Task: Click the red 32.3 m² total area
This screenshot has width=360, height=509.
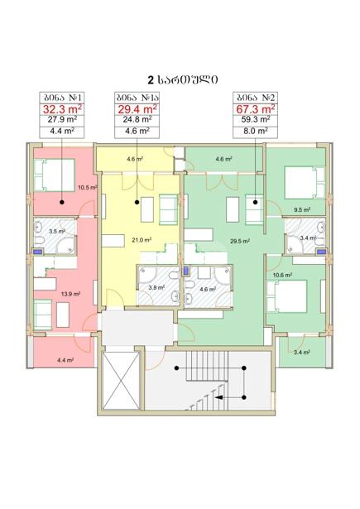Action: [x=62, y=108]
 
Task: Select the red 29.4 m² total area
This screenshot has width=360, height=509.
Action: [x=137, y=108]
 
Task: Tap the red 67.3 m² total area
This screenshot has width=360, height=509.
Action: [x=256, y=108]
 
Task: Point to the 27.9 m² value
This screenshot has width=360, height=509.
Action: [x=62, y=119]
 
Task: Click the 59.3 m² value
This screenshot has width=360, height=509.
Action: [x=256, y=119]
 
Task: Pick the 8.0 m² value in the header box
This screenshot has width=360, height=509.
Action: [x=256, y=131]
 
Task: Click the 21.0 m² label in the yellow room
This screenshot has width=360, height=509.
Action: [x=142, y=240]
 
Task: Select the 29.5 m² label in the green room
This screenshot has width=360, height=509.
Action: [x=239, y=241]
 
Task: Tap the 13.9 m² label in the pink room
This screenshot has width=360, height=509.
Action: [x=70, y=294]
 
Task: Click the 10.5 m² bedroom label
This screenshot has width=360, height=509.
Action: [x=88, y=187]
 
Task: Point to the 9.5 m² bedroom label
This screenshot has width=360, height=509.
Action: [x=302, y=209]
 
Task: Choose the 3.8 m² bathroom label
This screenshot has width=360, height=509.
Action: [x=156, y=287]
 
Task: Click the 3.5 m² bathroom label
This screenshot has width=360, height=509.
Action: [x=57, y=232]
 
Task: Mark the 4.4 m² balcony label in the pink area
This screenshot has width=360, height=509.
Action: [x=65, y=360]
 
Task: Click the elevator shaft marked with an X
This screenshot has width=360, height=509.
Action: [x=121, y=380]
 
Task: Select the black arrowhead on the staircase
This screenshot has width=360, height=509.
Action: [x=218, y=397]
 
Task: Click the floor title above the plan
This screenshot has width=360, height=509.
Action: [x=182, y=79]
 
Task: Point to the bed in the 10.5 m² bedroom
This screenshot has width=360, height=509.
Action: [x=55, y=175]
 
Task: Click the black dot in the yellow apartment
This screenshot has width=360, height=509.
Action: [x=137, y=202]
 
